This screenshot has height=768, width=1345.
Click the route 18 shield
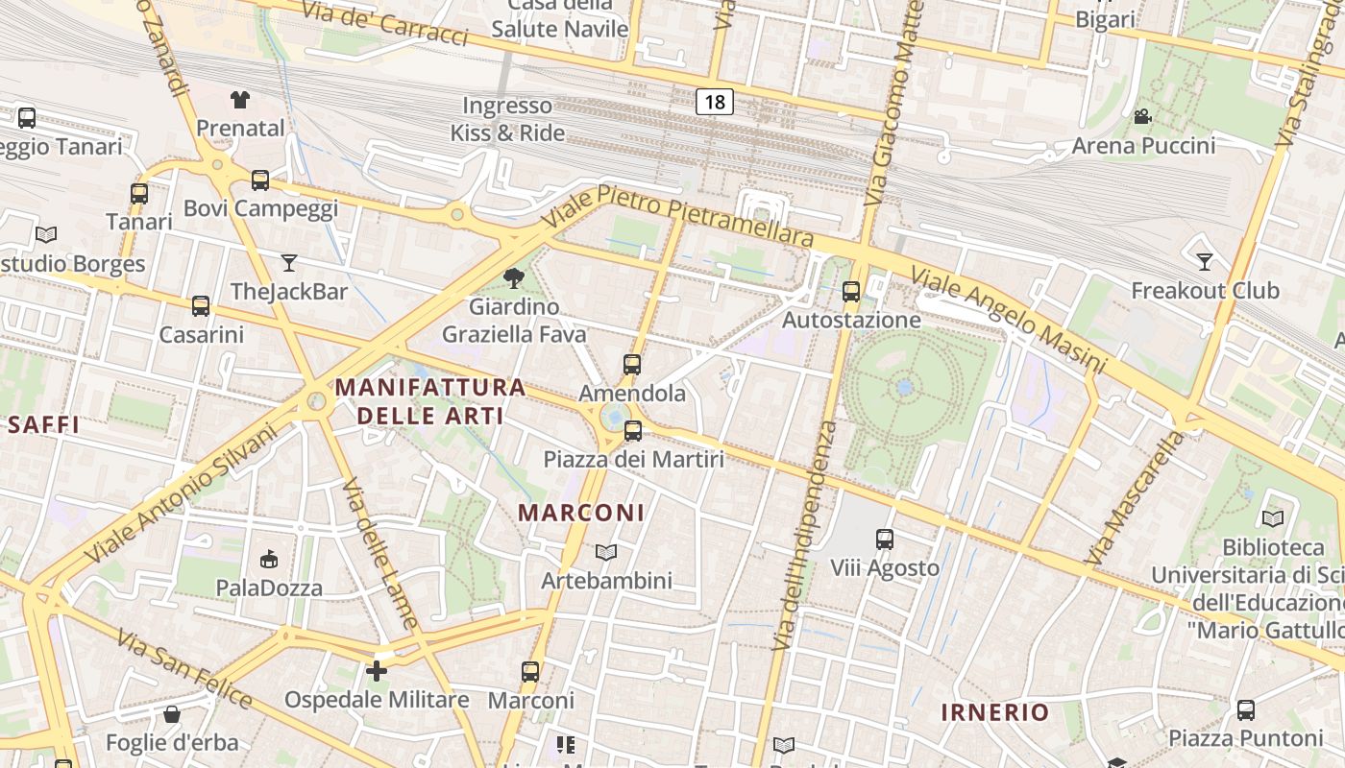(x=714, y=102)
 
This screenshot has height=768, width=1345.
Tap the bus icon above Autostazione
(x=851, y=292)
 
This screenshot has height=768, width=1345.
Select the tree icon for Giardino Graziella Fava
(x=514, y=278)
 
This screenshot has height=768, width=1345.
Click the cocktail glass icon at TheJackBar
(x=289, y=262)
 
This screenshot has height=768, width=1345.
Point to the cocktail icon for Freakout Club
(x=1205, y=261)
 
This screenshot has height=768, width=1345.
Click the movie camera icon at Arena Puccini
(x=1142, y=117)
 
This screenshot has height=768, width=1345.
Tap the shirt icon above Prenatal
(x=240, y=99)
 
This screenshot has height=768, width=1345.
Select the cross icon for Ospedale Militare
(x=377, y=671)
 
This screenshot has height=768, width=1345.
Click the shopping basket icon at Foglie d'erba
(x=172, y=714)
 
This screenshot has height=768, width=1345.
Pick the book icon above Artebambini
(x=605, y=552)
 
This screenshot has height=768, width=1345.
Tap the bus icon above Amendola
(x=631, y=365)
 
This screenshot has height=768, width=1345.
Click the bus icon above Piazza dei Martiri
(x=633, y=431)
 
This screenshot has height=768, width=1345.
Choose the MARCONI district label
(x=581, y=513)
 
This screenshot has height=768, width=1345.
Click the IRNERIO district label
(x=994, y=712)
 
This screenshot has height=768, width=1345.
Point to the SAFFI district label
(x=43, y=424)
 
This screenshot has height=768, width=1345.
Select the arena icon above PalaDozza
(x=269, y=559)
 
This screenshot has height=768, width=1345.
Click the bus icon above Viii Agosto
(x=885, y=540)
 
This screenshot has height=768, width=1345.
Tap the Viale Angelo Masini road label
(x=1008, y=321)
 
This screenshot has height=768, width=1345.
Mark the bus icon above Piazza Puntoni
(x=1246, y=710)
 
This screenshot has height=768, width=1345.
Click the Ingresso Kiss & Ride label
(x=507, y=119)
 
